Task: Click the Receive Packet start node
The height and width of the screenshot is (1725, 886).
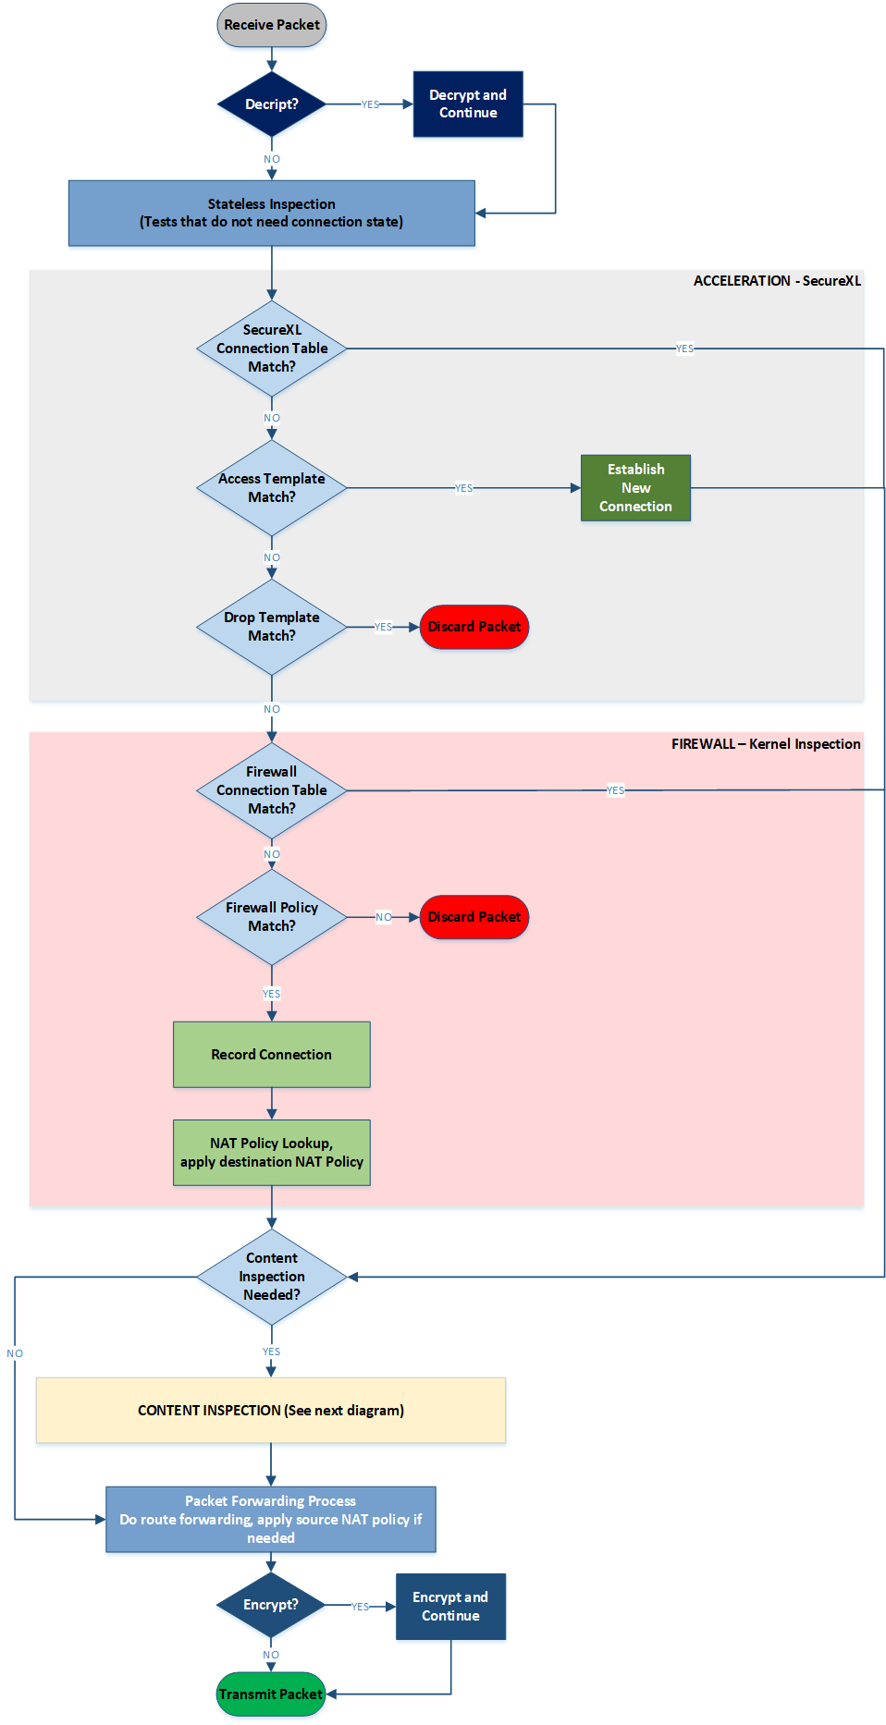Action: pos(271,25)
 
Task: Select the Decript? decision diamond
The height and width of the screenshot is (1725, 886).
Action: pos(271,104)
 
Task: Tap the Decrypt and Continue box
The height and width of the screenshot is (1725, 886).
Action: pos(468,104)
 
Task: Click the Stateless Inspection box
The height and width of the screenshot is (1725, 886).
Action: pos(271,214)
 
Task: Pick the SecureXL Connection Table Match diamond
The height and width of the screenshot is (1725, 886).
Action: pos(271,349)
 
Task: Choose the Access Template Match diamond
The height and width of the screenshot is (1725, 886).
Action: pos(271,488)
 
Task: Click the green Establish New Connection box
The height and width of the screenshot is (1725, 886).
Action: pos(635,488)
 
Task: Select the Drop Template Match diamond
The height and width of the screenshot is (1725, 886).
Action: pos(271,627)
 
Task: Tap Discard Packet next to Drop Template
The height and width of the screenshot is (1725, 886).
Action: pos(474,627)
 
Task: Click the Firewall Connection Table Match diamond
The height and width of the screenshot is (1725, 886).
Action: pos(271,790)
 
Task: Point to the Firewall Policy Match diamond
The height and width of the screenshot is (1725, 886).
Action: pos(271,917)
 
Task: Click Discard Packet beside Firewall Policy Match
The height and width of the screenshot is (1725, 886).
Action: pos(474,917)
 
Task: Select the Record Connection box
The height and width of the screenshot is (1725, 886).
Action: pos(271,1055)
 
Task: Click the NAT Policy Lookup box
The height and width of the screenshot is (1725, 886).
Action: pos(271,1153)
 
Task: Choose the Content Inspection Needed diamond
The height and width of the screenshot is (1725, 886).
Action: pos(271,1277)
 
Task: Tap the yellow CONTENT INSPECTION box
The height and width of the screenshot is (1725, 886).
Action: pos(271,1411)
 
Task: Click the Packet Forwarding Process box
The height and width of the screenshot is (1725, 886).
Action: pos(271,1520)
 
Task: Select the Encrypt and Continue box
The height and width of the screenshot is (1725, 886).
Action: pos(450,1607)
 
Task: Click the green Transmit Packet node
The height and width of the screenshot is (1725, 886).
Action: pos(271,1694)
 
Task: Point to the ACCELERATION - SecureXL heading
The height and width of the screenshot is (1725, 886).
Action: pos(777,281)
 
